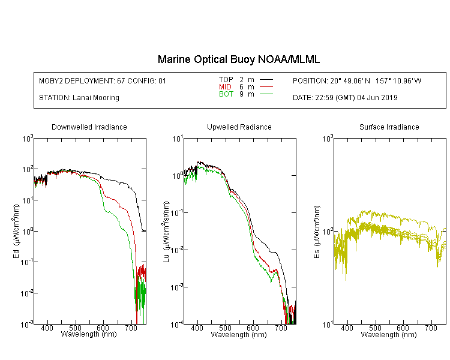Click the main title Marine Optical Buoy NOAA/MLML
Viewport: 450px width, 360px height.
pyautogui.click(x=238, y=59)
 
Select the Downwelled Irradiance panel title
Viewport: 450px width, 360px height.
pyautogui.click(x=89, y=127)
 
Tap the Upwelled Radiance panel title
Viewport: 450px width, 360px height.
pyautogui.click(x=239, y=127)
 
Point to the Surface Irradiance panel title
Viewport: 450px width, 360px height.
pyautogui.click(x=389, y=127)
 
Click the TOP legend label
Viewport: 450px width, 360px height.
pyautogui.click(x=226, y=80)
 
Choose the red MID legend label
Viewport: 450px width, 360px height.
pyautogui.click(x=225, y=86)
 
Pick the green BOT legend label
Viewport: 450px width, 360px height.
pyautogui.click(x=226, y=94)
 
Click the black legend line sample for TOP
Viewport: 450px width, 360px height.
pyautogui.click(x=266, y=80)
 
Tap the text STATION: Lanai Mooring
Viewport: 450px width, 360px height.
pyautogui.click(x=79, y=98)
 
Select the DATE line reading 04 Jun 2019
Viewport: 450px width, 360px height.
pyautogui.click(x=345, y=98)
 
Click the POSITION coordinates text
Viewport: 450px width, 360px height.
pyautogui.click(x=357, y=80)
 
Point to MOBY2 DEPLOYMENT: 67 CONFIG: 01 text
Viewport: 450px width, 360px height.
pyautogui.click(x=103, y=80)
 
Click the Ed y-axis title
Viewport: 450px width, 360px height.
pyautogui.click(x=16, y=231)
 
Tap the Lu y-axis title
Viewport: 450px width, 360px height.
pyautogui.click(x=166, y=232)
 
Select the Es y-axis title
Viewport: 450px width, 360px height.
pyautogui.click(x=316, y=232)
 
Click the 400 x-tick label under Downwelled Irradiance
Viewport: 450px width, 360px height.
pyautogui.click(x=47, y=328)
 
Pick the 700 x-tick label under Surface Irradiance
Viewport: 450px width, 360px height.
pyautogui.click(x=431, y=328)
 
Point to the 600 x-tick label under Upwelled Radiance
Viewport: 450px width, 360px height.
pyautogui.click(x=253, y=328)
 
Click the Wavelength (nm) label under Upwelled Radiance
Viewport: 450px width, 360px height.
pyautogui.click(x=239, y=334)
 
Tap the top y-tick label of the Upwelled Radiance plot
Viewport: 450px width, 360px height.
pyautogui.click(x=178, y=139)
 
